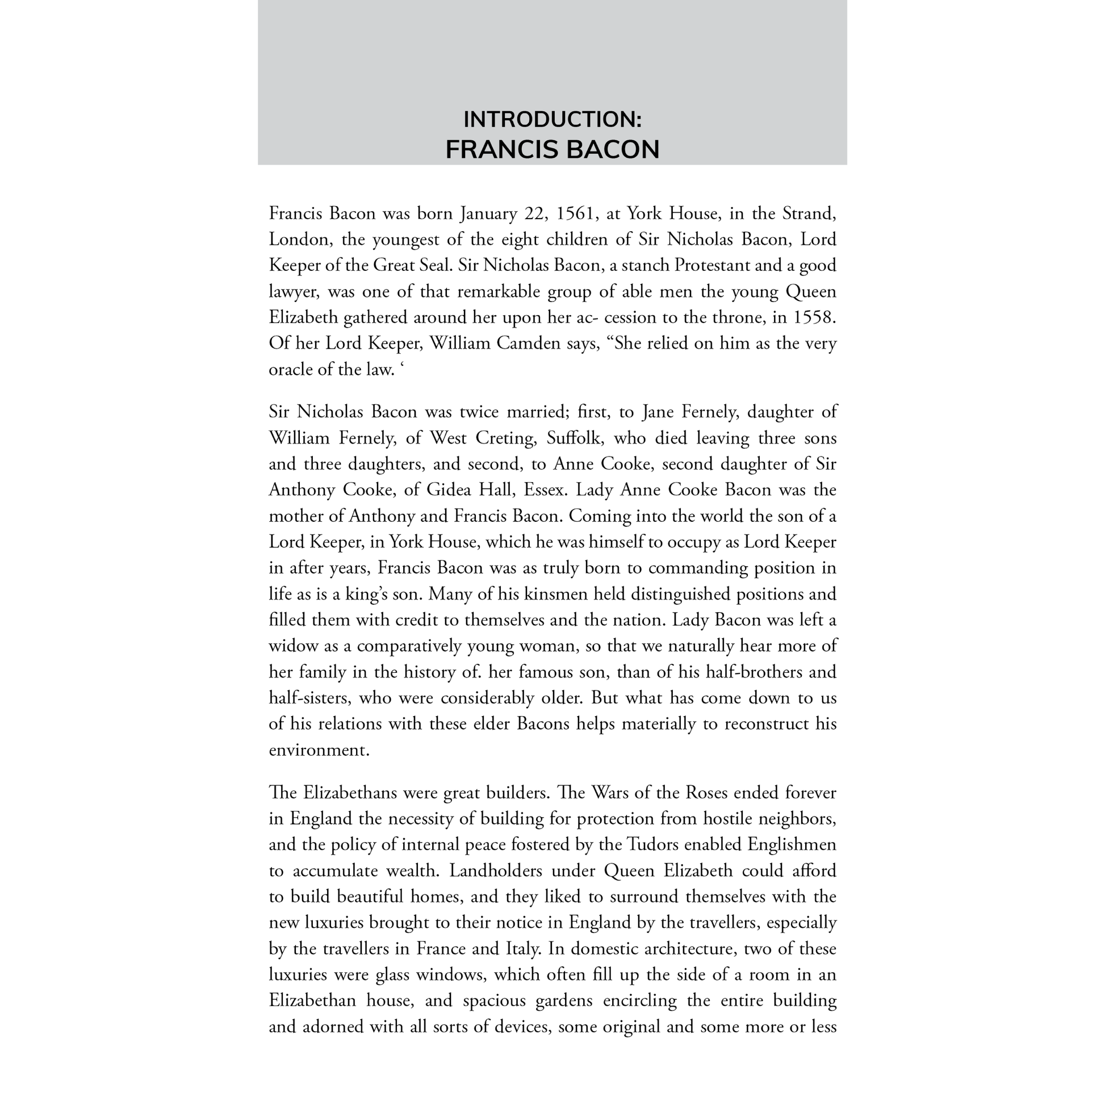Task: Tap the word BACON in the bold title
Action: [612, 150]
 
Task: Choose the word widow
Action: [292, 646]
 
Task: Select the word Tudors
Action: [653, 845]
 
